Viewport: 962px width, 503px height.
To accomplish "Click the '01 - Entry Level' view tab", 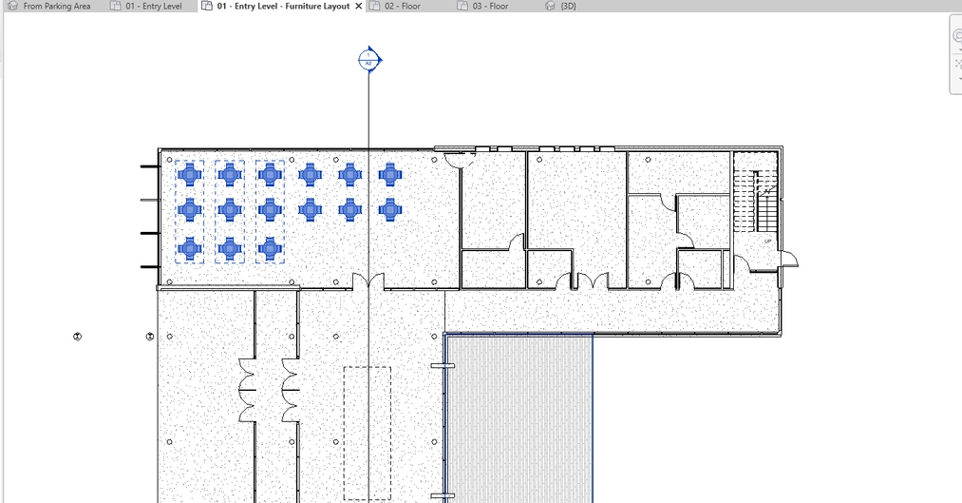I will pyautogui.click(x=152, y=6).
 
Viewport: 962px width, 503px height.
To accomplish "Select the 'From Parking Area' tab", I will pyautogui.click(x=55, y=6).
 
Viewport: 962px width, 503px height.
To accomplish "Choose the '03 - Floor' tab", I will pyautogui.click(x=491, y=6).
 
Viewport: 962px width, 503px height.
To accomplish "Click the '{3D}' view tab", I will pyautogui.click(x=566, y=6).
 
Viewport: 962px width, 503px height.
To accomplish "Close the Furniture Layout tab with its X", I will pyautogui.click(x=358, y=6).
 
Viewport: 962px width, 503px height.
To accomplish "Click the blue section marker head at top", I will pyautogui.click(x=369, y=60).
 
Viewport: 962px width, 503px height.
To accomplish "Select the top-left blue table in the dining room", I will pyautogui.click(x=190, y=173).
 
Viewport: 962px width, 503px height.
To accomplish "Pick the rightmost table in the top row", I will pyautogui.click(x=390, y=173).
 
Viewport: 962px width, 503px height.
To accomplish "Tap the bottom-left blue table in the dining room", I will pyautogui.click(x=190, y=248).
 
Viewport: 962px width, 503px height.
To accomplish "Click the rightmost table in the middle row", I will pyautogui.click(x=390, y=208).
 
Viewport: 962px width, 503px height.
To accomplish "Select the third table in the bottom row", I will pyautogui.click(x=271, y=248).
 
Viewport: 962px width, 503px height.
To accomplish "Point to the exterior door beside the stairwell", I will pyautogui.click(x=788, y=259).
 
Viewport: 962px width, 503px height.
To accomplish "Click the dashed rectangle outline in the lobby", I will pyautogui.click(x=367, y=433).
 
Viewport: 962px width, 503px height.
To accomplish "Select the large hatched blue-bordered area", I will pyautogui.click(x=519, y=418).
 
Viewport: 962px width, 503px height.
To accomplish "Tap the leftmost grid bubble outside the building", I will pyautogui.click(x=78, y=337).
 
